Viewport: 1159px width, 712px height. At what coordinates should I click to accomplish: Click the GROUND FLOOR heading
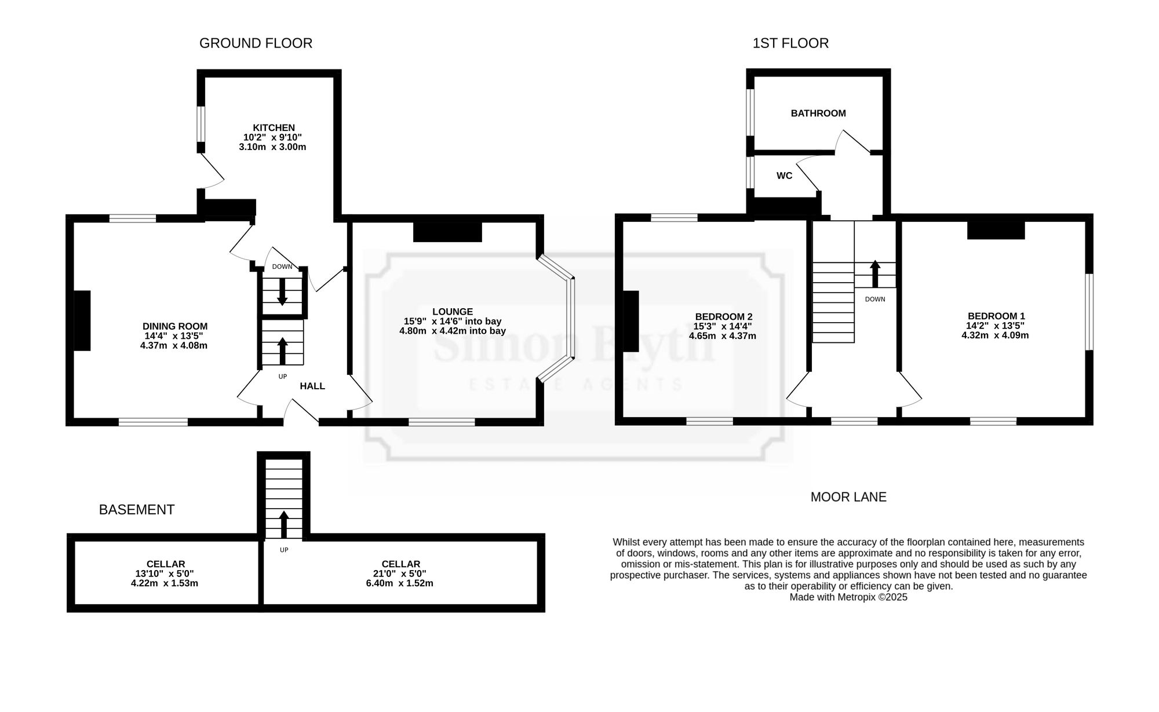256,43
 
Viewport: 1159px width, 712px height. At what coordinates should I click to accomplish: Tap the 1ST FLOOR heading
790,43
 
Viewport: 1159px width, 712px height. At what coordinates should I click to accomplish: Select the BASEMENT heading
137,510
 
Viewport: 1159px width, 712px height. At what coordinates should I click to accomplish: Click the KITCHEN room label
274,128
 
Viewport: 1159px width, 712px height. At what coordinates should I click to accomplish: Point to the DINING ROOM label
175,327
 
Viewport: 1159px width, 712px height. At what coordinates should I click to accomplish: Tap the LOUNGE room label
453,312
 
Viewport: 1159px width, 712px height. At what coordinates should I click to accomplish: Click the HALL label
312,386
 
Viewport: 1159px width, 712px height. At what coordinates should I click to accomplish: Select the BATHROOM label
818,114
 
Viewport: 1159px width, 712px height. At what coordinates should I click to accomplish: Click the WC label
784,176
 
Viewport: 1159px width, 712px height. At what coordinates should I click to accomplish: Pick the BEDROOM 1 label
996,316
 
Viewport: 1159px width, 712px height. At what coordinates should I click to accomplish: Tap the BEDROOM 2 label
724,317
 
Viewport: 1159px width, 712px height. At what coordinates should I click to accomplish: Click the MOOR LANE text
848,497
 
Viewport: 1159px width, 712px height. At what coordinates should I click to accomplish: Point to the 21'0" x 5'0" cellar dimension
400,574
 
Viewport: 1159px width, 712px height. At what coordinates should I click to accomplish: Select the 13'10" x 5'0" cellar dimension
165,574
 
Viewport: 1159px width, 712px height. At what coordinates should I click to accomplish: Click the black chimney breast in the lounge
447,232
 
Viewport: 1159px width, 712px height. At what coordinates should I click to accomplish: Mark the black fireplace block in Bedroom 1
996,230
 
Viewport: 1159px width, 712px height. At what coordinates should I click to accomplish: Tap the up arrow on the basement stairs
283,524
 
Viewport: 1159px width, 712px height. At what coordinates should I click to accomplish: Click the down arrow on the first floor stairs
875,274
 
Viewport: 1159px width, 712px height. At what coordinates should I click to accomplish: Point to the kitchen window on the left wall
201,123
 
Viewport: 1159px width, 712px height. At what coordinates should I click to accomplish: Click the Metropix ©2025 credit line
848,597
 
